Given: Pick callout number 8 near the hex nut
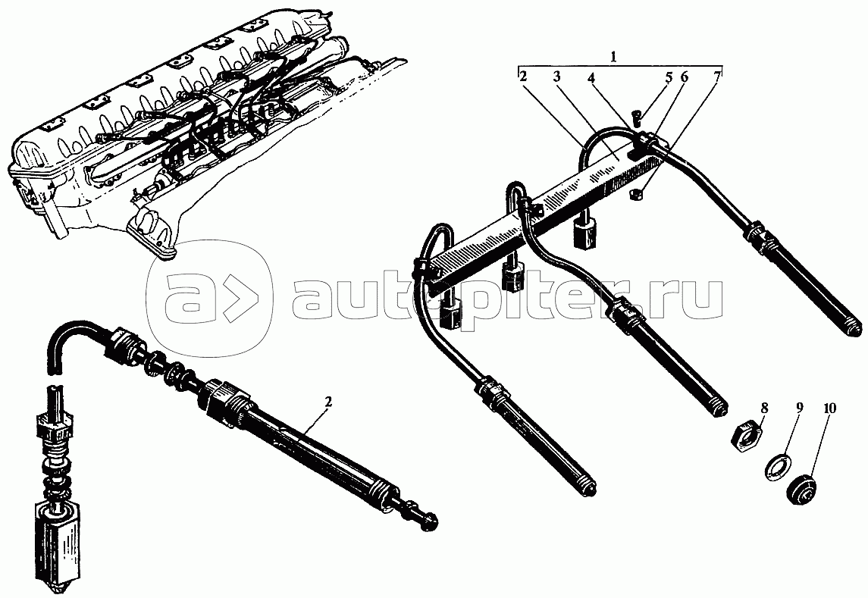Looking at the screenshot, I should (x=763, y=409).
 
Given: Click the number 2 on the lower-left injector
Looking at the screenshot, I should (x=328, y=402).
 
